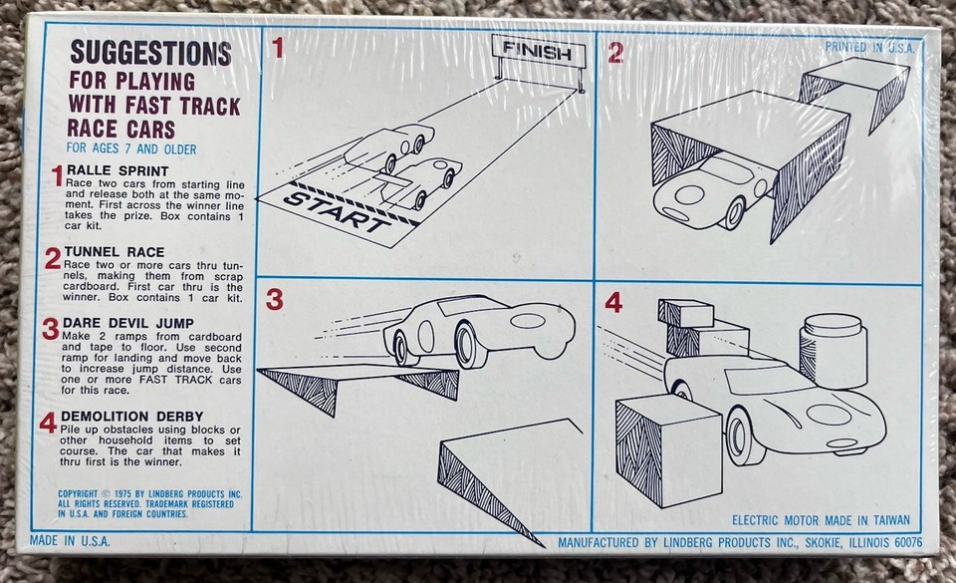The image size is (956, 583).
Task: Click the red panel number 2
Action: tap(615, 53)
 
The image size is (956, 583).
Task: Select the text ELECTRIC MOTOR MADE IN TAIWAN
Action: tap(824, 519)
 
